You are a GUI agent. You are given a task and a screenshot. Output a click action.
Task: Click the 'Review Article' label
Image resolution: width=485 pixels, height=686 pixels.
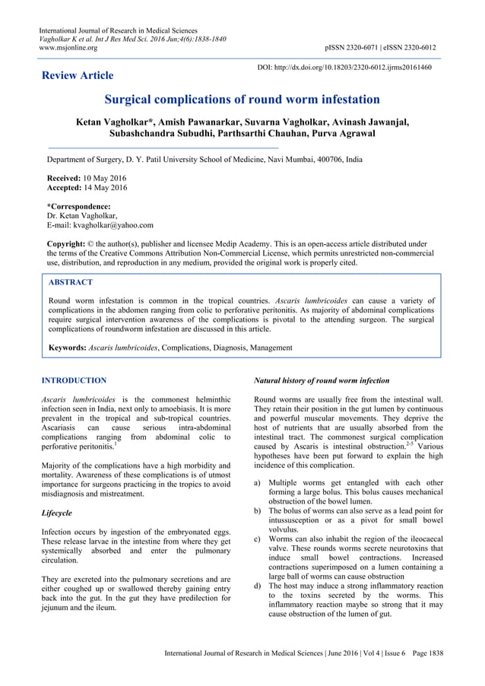pyautogui.click(x=78, y=75)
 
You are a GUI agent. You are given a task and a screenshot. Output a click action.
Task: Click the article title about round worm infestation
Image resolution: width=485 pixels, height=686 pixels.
pyautogui.click(x=242, y=100)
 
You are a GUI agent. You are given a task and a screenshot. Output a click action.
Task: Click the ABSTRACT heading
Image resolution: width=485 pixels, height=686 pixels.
pyautogui.click(x=71, y=281)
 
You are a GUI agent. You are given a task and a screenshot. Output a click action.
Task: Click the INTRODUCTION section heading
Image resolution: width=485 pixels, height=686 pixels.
pyautogui.click(x=74, y=380)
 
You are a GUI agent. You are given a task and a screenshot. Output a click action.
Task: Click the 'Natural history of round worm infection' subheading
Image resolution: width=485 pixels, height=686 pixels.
pyautogui.click(x=322, y=380)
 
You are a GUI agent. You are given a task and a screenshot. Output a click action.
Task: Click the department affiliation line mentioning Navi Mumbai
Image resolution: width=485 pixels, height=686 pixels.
pyautogui.click(x=204, y=161)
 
